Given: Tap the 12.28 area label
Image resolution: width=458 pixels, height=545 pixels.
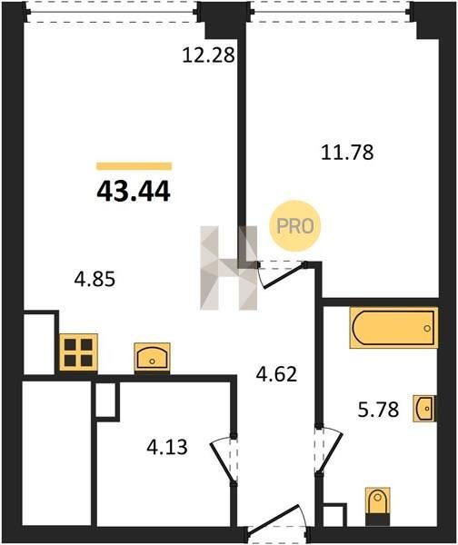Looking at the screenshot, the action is pos(209,55).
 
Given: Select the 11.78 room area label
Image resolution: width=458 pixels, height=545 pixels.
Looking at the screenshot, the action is pos(347,153).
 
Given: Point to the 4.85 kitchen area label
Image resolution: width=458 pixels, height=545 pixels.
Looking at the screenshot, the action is pos(95,279).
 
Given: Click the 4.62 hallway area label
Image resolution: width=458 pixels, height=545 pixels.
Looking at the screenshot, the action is pos(276,374).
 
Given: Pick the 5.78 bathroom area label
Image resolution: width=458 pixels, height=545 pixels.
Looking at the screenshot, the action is pos(378,410).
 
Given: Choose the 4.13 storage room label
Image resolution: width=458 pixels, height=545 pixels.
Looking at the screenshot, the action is pos(167,447).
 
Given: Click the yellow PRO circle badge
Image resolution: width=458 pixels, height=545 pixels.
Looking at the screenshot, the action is pos(295,226).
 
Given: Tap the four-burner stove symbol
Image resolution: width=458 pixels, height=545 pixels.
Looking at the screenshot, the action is pos(78,352).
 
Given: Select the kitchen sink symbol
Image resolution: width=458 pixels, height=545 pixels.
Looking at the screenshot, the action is pos(152,357).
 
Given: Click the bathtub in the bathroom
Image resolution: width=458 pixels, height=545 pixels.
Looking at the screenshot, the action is pos(393,327).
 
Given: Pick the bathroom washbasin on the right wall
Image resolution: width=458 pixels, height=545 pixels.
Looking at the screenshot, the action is pos(424,409).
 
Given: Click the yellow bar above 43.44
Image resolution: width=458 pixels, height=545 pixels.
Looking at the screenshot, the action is pos(134,166).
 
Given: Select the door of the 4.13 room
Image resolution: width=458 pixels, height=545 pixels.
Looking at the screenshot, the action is pos(223,459).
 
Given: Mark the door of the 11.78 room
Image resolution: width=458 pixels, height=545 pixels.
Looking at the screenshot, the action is pos(282,274).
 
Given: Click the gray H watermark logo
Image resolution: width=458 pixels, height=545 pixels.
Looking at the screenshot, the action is pos(228,268).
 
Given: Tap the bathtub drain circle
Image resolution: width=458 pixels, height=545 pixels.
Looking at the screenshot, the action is pos(427,328).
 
